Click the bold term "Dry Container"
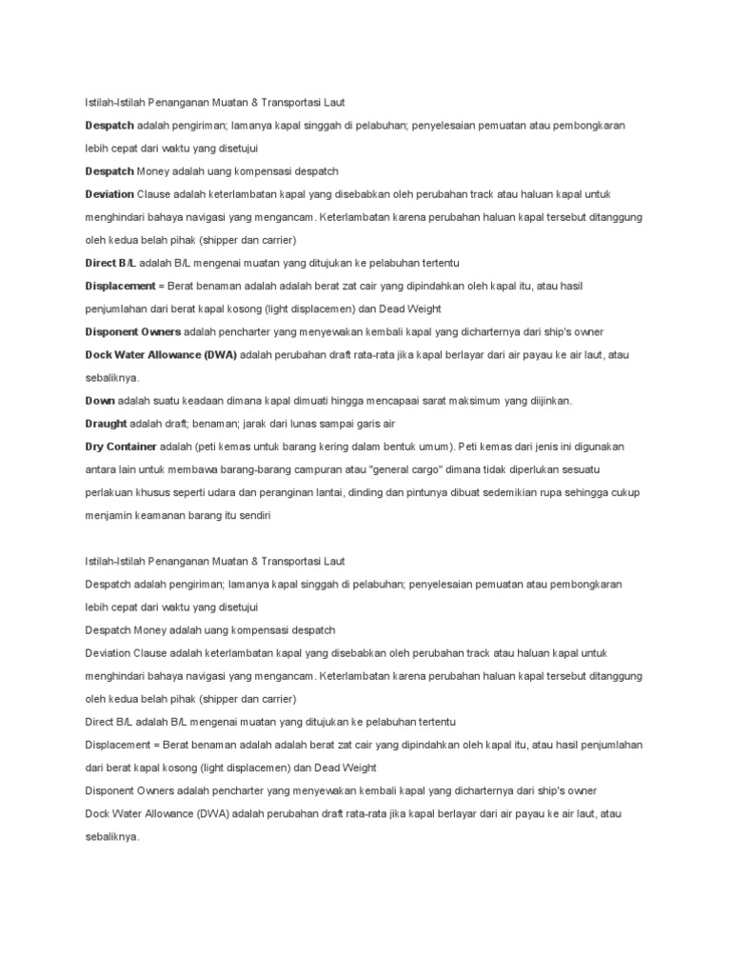click(117, 447)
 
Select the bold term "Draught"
click(106, 424)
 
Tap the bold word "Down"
click(100, 401)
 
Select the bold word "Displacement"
click(119, 286)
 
